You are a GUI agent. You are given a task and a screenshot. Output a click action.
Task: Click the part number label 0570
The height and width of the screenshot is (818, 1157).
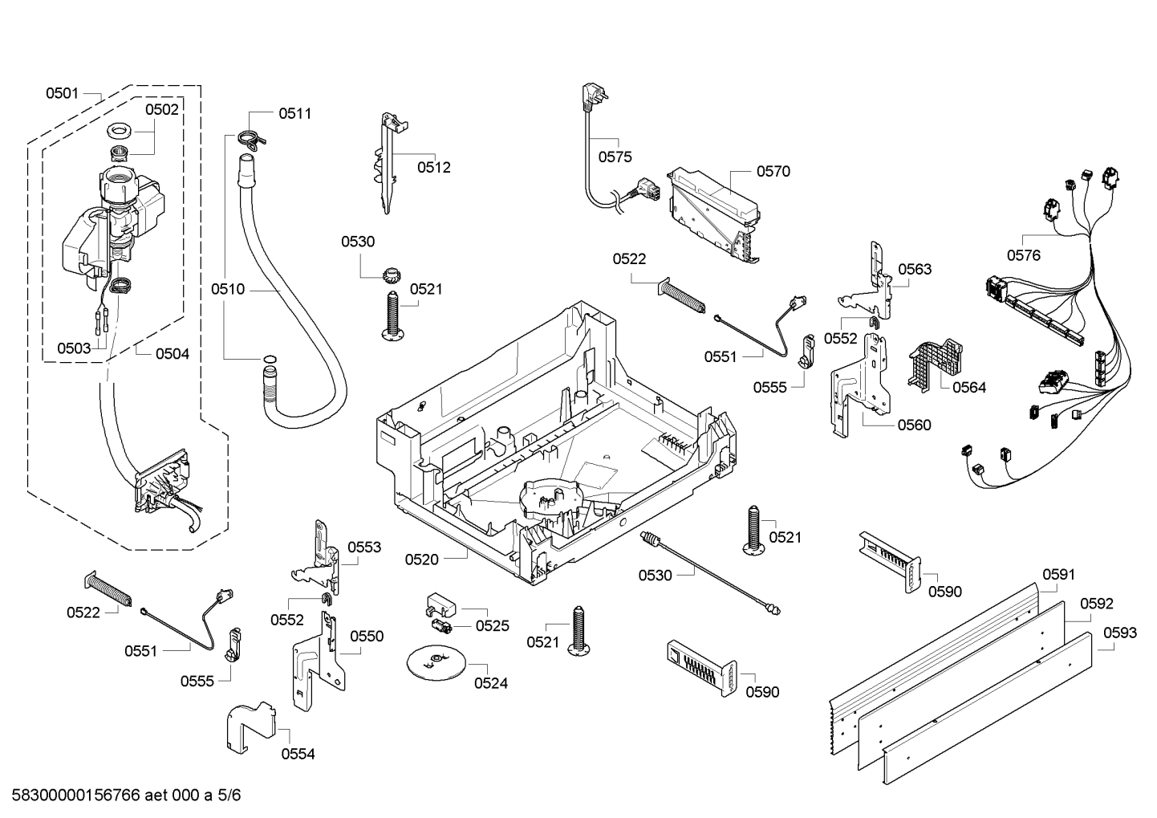coord(773,171)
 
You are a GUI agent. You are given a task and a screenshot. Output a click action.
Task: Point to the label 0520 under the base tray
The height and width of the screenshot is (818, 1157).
coord(421,560)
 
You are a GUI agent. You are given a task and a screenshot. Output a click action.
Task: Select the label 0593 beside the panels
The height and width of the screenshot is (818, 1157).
coord(1119,633)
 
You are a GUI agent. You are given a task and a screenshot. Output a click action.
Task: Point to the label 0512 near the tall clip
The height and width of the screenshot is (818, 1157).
coord(433,168)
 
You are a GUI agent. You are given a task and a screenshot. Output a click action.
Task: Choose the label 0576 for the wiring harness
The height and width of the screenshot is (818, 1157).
coord(1023,255)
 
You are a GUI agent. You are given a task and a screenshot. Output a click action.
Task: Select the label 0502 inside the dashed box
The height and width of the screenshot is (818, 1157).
coord(162,110)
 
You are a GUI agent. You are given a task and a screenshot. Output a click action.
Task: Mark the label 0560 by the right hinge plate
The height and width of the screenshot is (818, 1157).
coord(914,425)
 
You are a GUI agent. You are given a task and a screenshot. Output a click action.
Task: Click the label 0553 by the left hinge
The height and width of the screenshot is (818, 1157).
coord(363,547)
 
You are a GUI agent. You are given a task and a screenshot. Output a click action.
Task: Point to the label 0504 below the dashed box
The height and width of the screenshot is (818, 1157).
coord(173,353)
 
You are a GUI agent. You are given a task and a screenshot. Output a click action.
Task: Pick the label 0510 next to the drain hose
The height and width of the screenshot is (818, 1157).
coord(228,289)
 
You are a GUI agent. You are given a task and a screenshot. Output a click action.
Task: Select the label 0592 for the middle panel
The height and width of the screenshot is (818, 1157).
coord(1096,604)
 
